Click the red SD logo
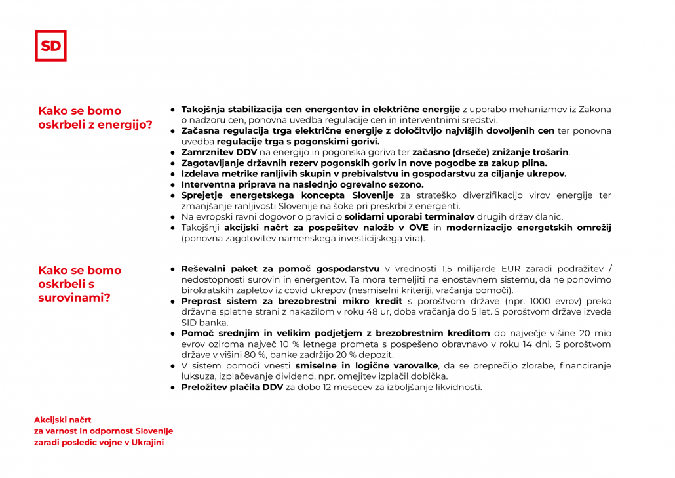click(x=50, y=46)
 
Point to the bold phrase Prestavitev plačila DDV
click(x=232, y=387)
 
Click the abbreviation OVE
click(x=419, y=228)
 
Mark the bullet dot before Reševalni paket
click(x=173, y=269)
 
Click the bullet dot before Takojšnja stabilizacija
click(x=173, y=109)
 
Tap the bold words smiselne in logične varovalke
click(x=366, y=365)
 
